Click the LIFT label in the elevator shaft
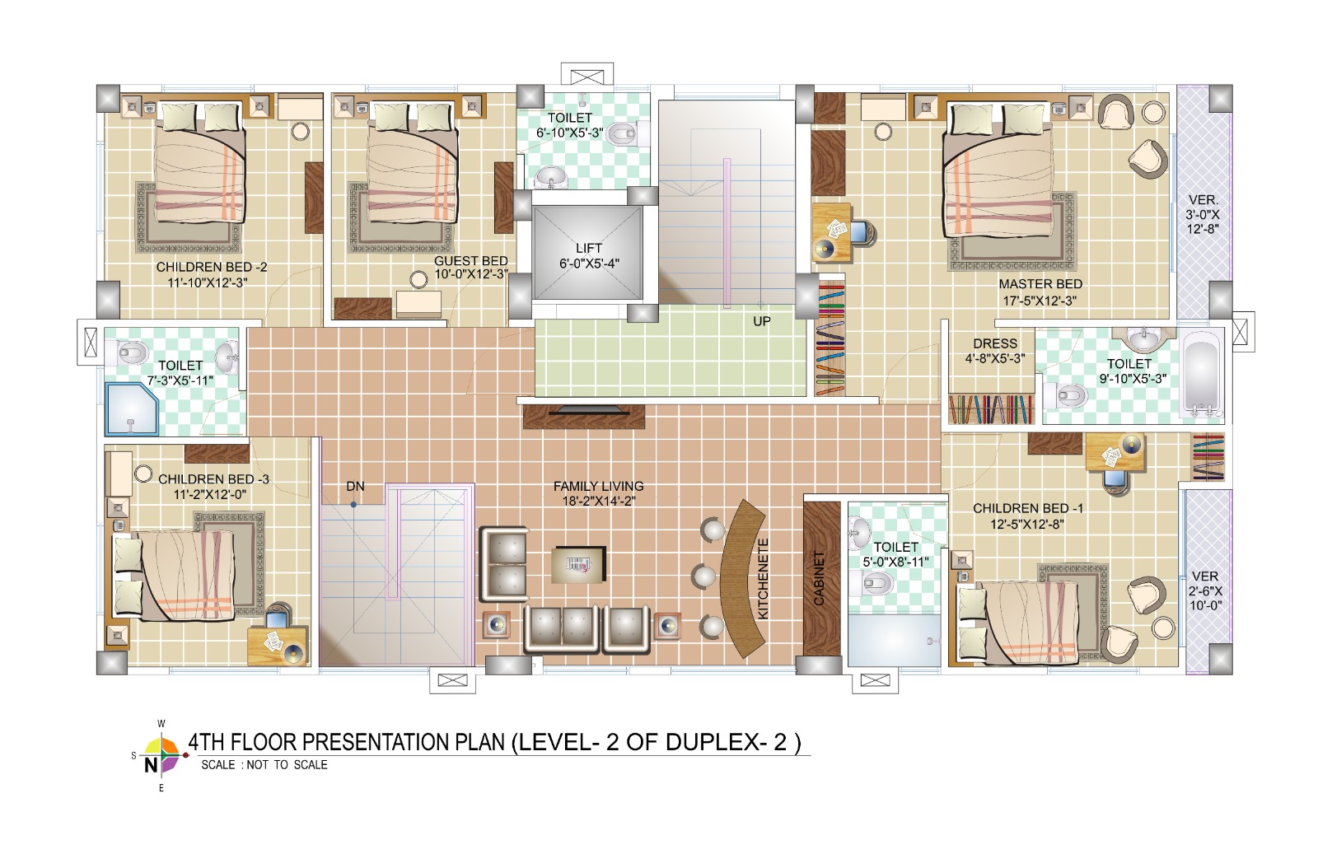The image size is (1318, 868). tap(588, 249)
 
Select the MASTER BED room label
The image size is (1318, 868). tap(1040, 284)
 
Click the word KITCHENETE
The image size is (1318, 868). tap(763, 579)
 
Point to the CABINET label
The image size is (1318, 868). tap(819, 579)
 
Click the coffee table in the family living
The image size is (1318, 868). tap(578, 565)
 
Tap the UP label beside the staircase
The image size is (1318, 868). tap(762, 322)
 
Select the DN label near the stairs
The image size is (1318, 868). tap(355, 487)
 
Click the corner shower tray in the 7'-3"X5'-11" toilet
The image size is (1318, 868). tap(133, 409)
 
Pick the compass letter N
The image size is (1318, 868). tap(151, 765)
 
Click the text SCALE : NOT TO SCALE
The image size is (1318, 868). tap(264, 765)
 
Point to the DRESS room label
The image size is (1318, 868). tap(995, 343)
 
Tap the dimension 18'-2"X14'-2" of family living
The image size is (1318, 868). tap(598, 502)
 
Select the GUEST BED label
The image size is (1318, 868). tap(470, 260)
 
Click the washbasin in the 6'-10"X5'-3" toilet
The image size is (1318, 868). tap(551, 176)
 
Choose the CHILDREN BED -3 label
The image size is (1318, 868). tap(213, 479)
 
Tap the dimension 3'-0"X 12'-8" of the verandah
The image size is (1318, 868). tap(1203, 215)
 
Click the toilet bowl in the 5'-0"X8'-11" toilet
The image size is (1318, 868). tap(877, 584)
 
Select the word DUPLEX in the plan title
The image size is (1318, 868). tap(712, 742)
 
